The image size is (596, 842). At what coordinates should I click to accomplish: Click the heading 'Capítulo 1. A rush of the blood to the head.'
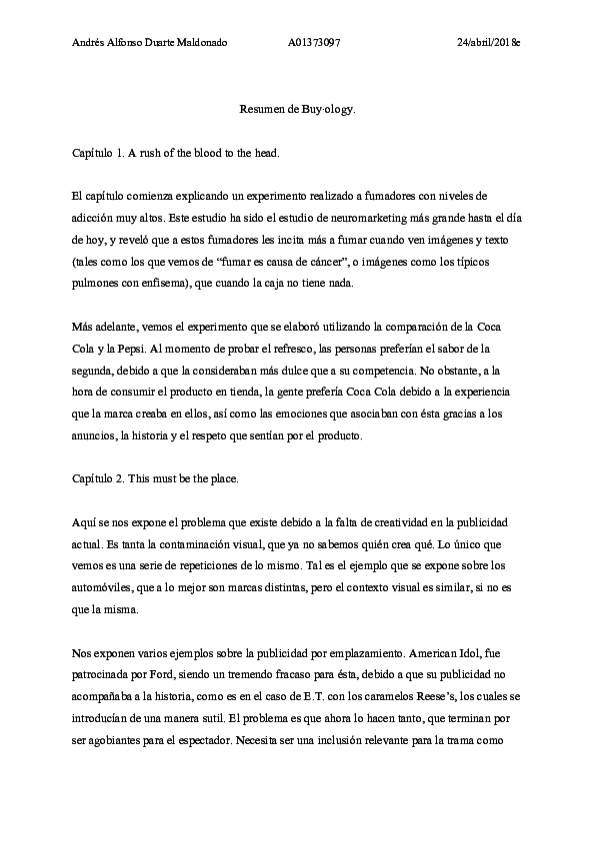(176, 152)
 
